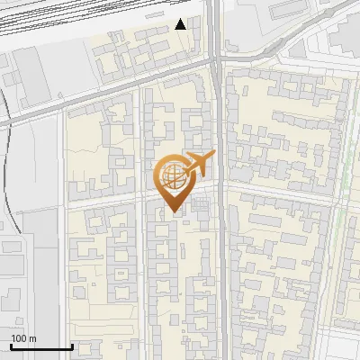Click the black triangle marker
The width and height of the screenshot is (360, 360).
coord(181,24)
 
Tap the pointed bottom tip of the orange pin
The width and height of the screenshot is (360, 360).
coord(174,212)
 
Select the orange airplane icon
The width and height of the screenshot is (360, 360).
coord(198,165)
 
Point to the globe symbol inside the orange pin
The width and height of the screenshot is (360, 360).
coord(172,176)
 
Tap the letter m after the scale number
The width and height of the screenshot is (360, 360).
coord(32,338)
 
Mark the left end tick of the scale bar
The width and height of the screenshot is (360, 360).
coord(10,346)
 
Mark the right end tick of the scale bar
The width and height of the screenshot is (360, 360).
coord(72,346)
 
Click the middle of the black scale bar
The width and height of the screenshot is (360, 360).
coord(41,347)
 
